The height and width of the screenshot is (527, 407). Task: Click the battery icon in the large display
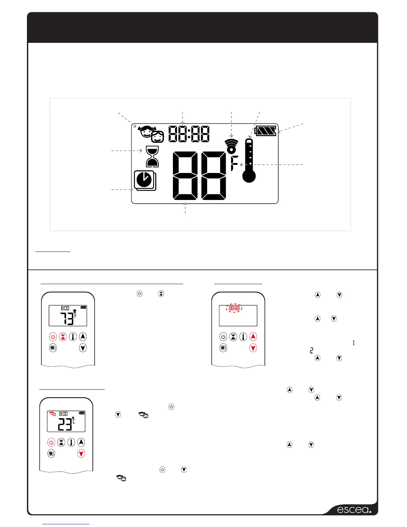266,131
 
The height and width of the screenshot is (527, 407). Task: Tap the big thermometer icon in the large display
249,161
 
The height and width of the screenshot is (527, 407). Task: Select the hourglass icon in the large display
153,156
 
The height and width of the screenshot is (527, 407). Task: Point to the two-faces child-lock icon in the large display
151,133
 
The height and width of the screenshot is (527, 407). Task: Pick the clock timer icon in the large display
145,180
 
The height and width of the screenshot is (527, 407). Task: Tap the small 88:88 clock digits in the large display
189,134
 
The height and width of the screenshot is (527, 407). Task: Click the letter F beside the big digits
234,163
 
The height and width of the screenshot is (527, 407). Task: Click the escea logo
354,510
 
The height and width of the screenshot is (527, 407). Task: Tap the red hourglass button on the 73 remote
63,337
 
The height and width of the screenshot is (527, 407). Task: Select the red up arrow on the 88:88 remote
253,337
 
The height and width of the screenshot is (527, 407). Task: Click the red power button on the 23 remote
51,442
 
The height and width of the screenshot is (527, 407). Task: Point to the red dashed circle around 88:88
234,308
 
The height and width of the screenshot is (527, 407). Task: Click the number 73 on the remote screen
67,319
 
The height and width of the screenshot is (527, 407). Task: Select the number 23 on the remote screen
65,425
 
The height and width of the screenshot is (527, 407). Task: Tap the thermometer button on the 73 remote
73,337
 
